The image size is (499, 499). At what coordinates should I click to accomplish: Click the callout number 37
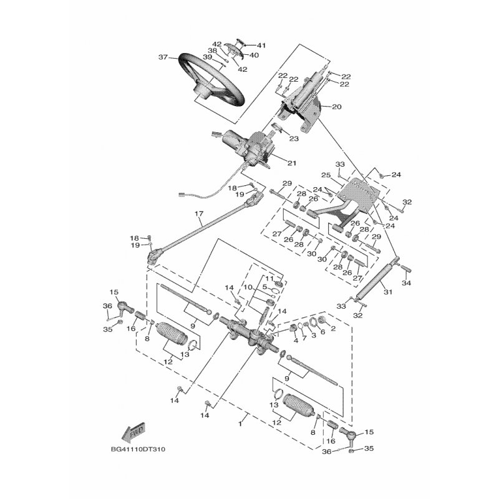(x=163, y=57)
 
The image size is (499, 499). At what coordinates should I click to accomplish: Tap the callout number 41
(x=261, y=46)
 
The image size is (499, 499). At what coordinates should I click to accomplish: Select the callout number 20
(x=336, y=107)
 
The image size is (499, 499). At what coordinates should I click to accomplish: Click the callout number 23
(x=294, y=139)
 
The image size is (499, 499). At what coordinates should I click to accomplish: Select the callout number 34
(x=407, y=283)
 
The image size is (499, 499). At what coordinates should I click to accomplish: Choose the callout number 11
(x=271, y=278)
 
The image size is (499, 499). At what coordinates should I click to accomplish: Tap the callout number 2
(x=334, y=327)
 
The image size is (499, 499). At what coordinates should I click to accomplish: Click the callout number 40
(x=254, y=55)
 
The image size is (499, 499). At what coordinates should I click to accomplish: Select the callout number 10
(x=247, y=288)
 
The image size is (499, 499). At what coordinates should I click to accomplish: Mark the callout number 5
(x=264, y=287)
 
